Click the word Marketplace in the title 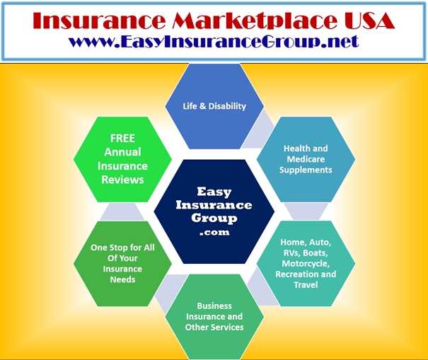[255, 21]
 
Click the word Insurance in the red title [99, 21]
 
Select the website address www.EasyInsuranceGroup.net [214, 42]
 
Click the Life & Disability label [214, 106]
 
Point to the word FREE [122, 138]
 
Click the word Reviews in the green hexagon [122, 180]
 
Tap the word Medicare [306, 159]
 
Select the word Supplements [306, 170]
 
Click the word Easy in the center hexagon [214, 192]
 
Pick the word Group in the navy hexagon [214, 219]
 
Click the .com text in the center [214, 233]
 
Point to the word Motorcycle [306, 264]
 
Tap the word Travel [306, 284]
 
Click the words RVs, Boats [306, 253]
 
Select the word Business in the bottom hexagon [214, 306]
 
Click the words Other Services [214, 327]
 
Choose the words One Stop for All [122, 248]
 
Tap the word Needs [122, 279]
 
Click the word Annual [122, 152]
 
